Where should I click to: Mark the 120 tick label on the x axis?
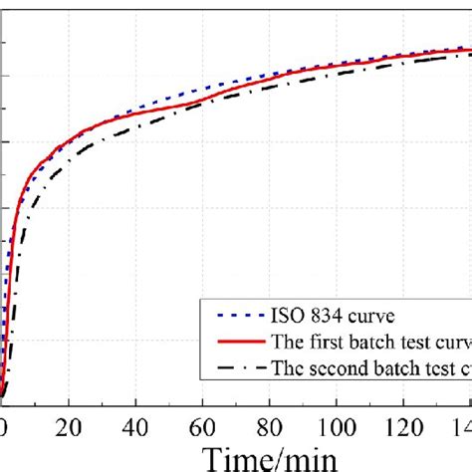(403, 427)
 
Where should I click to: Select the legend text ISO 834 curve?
(331, 317)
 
